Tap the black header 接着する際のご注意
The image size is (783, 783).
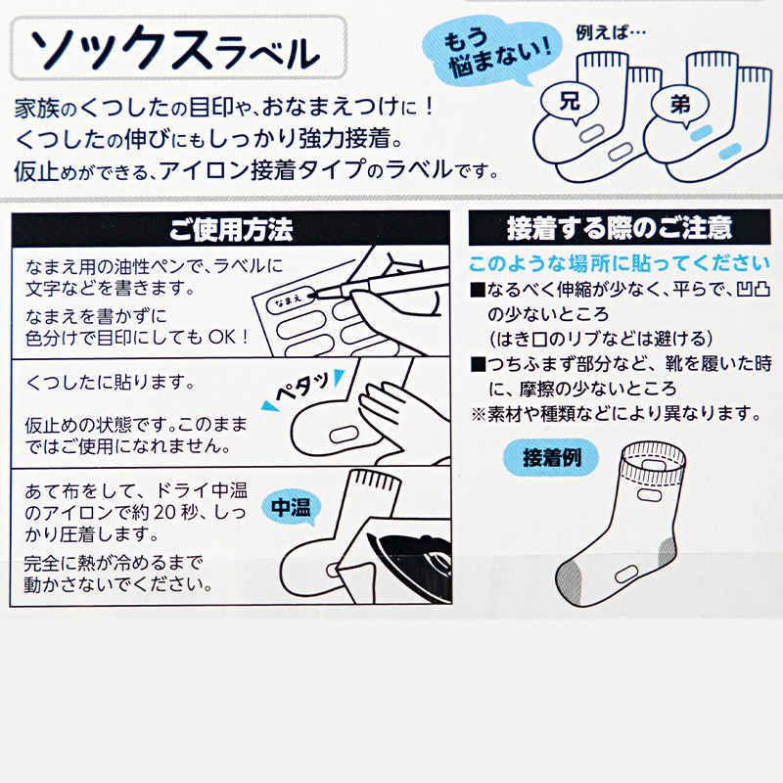pos(619,230)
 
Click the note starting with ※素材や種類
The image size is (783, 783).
pos(614,412)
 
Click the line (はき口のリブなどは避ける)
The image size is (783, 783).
pos(599,339)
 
